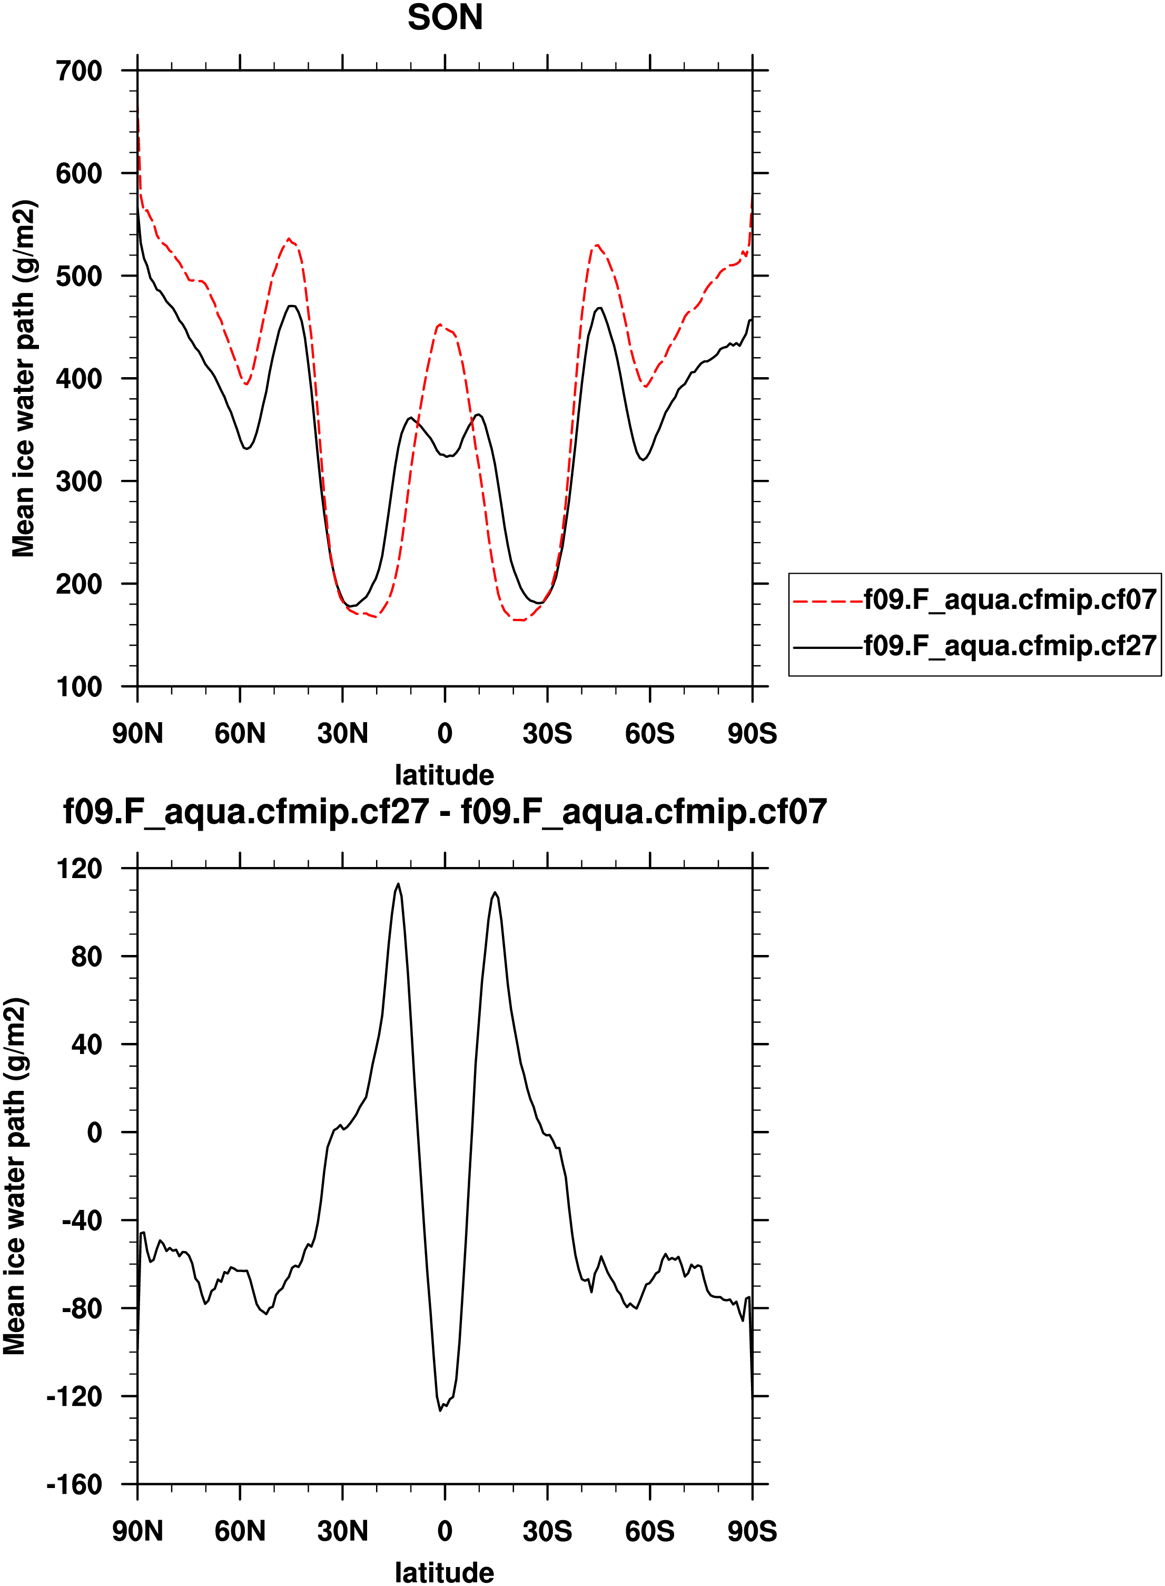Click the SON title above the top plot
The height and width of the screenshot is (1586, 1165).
point(445,17)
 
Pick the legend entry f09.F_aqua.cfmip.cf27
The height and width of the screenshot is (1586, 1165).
point(1010,645)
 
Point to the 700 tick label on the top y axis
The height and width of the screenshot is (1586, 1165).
point(79,71)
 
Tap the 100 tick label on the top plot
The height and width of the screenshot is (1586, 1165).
point(79,687)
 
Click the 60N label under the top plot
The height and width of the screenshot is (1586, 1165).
point(240,734)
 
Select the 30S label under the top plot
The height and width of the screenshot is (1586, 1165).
point(547,734)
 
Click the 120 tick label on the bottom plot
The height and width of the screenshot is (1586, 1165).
point(79,869)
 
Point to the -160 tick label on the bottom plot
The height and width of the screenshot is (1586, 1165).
point(75,1485)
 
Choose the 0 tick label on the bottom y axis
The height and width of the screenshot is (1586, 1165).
point(94,1133)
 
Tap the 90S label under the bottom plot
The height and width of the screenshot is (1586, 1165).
point(752,1532)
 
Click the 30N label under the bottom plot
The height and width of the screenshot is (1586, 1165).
point(343,1532)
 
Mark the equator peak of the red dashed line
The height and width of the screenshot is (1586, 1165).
point(439,325)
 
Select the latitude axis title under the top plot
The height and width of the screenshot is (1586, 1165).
point(445,775)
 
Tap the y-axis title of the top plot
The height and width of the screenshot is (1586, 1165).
point(23,379)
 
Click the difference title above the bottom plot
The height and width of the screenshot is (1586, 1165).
point(445,812)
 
